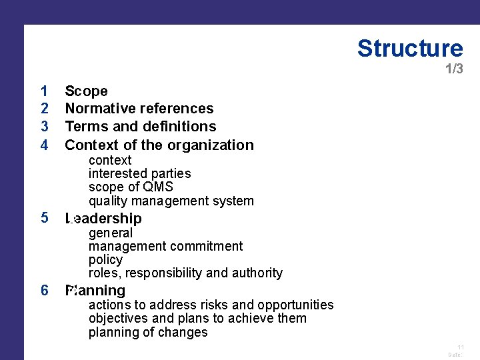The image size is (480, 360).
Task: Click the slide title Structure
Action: tap(409, 49)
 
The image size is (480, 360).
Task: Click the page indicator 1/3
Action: tap(454, 69)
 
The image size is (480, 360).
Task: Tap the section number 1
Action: tap(44, 91)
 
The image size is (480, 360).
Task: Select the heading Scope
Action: tap(86, 91)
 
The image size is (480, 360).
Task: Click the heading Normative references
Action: tap(139, 109)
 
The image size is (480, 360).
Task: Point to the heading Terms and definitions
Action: tap(141, 127)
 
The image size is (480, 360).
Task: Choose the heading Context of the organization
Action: tap(159, 145)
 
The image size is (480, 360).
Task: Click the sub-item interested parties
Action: tap(139, 173)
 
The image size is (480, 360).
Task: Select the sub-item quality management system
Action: tap(171, 201)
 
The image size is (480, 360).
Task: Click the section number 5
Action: tap(44, 217)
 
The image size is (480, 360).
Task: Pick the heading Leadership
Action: tap(103, 219)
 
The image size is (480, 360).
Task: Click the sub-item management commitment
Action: tap(165, 246)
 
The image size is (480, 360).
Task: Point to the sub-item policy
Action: tap(105, 259)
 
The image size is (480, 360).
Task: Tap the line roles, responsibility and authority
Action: tap(185, 273)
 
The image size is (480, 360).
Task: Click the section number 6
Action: tap(44, 290)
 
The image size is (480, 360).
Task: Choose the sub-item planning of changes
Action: tap(148, 332)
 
